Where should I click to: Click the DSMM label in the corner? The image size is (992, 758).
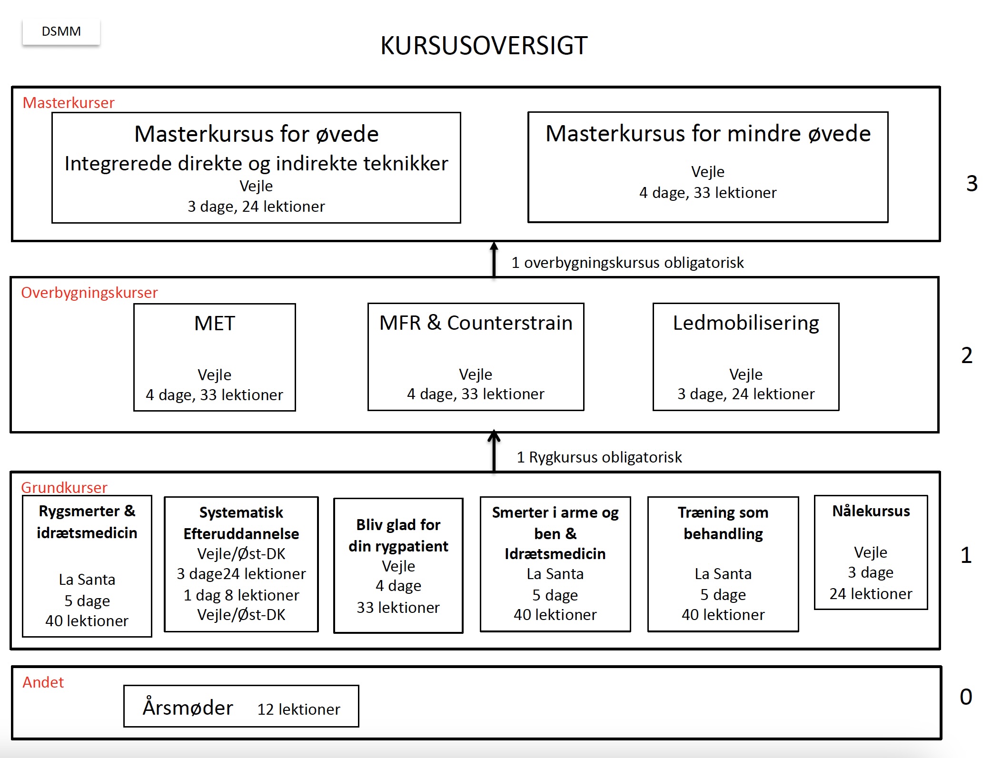pos(61,31)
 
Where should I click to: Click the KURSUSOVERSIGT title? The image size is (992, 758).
pos(484,46)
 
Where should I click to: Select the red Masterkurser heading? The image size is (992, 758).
pos(69,103)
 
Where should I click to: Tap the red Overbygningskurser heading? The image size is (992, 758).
pos(89,293)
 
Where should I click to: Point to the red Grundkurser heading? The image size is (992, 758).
pos(64,487)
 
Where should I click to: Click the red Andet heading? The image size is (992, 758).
pos(43,682)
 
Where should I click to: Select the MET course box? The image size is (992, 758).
pos(215,357)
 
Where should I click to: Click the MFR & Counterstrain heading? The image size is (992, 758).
pos(476,323)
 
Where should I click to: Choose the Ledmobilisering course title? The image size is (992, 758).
pos(746,323)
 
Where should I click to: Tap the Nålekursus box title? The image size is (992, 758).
pos(871,511)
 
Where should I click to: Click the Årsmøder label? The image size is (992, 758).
pos(188,707)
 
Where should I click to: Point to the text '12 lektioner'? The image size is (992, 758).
pos(299,709)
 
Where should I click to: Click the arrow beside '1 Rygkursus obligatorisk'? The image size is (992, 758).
pos(494,451)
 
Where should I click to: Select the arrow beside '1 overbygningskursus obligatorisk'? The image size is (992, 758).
pos(494,259)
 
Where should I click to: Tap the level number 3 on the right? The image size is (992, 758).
pos(972,183)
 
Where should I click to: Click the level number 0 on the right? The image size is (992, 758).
pos(966,697)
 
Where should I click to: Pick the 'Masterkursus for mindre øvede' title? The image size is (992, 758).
pos(708,133)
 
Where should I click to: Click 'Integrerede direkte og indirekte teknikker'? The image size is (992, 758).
pos(257,164)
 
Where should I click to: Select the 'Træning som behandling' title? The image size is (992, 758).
pos(723,523)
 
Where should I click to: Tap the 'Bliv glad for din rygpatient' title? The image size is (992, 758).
pos(398,535)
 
